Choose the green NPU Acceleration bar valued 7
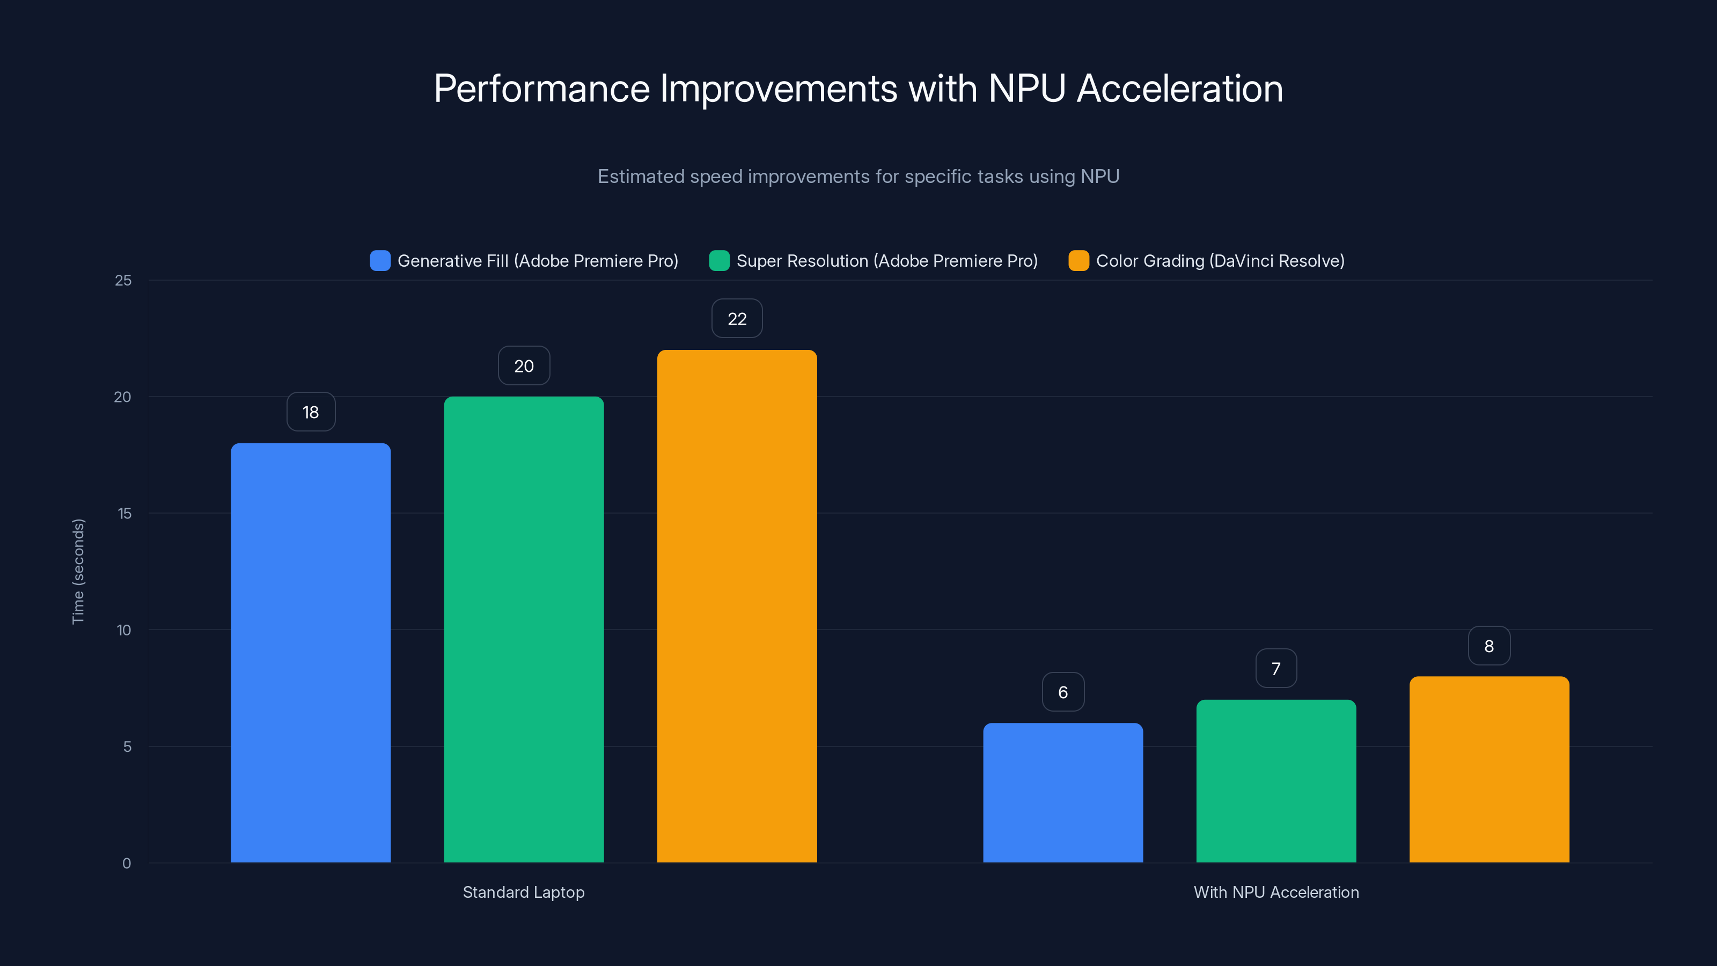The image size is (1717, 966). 1276,781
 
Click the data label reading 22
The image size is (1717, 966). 737,319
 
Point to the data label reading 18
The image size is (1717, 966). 311,412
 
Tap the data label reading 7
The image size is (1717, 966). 1276,668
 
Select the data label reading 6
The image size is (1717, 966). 1062,692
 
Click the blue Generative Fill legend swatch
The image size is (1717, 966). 380,261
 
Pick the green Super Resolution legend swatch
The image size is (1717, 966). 719,261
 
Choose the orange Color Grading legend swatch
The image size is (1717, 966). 1078,261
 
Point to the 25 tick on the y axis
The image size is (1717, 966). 123,281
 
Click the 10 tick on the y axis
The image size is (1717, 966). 124,630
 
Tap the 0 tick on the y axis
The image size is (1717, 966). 127,863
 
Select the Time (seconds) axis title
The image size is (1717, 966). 78,572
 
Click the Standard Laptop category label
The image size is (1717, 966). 523,892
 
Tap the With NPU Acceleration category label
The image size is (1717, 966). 1276,892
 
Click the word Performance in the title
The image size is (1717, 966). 541,89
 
